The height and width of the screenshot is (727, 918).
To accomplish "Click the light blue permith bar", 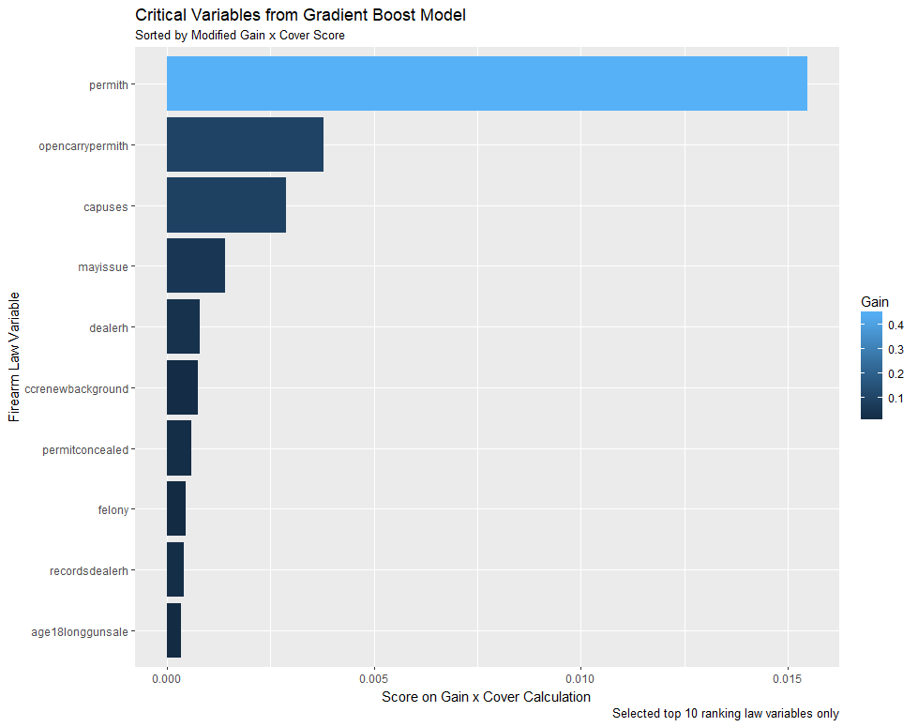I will [487, 83].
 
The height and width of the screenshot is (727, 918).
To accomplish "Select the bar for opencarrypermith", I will [245, 144].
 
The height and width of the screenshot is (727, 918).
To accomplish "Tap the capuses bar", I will [226, 205].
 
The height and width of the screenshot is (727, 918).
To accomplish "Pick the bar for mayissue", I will [195, 265].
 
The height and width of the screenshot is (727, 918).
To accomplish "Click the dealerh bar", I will [183, 326].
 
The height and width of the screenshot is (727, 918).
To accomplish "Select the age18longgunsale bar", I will [173, 630].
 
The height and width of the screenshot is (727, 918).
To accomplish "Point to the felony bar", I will [176, 508].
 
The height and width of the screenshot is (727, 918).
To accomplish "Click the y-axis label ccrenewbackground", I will [77, 388].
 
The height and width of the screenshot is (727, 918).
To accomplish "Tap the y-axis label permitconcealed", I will [85, 449].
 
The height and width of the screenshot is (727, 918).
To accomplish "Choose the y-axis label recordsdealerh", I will [88, 570].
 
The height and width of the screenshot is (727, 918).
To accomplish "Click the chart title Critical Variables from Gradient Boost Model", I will [300, 15].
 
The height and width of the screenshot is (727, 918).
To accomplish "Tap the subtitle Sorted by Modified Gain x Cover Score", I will [240, 36].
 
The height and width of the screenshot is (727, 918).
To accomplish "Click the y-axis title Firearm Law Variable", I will [14, 356].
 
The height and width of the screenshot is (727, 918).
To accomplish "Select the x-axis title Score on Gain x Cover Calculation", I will [486, 697].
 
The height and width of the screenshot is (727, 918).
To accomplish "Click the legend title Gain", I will [874, 301].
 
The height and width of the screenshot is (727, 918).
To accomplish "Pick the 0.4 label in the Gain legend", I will [896, 326].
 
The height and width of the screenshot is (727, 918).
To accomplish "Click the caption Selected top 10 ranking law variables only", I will [725, 714].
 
